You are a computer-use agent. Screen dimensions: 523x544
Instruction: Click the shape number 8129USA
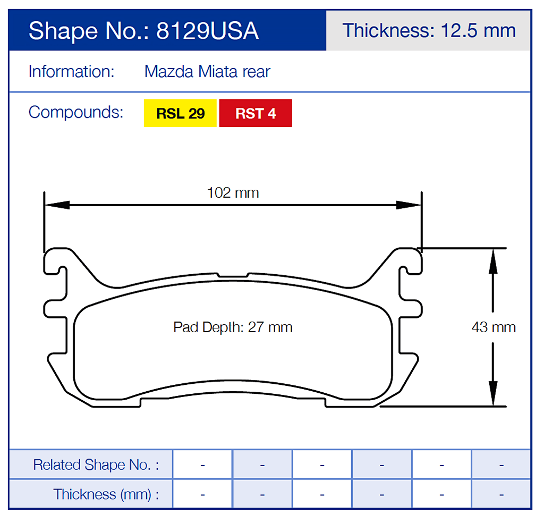[207, 31]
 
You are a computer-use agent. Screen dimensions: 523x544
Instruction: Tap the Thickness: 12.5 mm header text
[429, 30]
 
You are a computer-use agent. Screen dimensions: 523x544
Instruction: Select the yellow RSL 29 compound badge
[180, 113]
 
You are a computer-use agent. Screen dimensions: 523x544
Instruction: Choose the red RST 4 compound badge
[256, 113]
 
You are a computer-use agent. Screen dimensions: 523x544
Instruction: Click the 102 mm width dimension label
[233, 192]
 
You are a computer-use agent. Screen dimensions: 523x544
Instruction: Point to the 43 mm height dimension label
[493, 327]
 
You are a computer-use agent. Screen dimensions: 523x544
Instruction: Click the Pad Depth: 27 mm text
[233, 327]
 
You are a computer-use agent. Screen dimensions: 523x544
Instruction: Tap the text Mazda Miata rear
[207, 71]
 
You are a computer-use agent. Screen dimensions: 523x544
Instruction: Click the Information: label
[71, 71]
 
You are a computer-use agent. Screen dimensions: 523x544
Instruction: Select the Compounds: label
[75, 112]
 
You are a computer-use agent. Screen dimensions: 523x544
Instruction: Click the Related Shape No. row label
[96, 465]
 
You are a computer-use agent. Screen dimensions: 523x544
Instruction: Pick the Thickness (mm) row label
[106, 494]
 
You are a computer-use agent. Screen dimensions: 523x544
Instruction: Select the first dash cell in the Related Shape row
[203, 465]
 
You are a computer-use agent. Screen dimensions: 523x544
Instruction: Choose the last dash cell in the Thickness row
[501, 494]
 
